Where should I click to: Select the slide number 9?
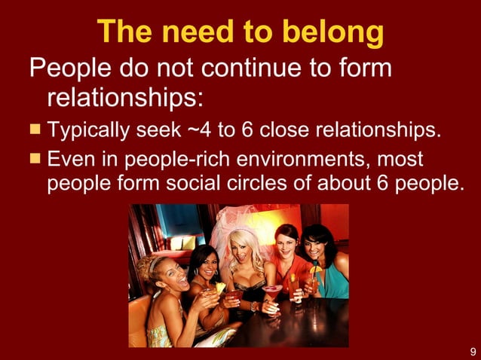[472, 352]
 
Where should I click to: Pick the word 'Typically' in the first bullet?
[91, 130]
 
